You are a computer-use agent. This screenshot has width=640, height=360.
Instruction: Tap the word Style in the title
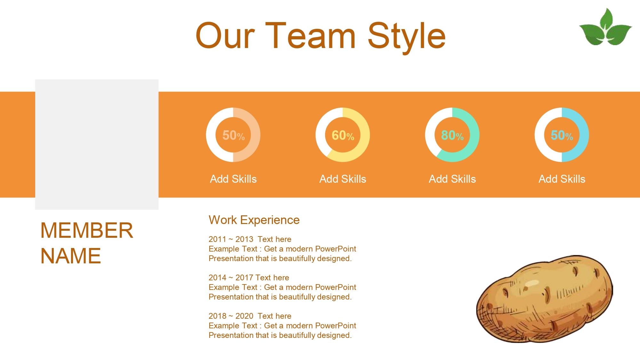(x=407, y=37)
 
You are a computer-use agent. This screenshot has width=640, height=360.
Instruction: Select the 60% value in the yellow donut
(x=343, y=135)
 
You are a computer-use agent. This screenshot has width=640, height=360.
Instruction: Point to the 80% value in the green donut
(x=452, y=135)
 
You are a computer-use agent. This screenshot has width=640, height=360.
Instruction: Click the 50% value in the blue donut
(x=562, y=135)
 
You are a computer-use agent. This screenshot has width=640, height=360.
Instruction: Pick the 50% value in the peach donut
(x=233, y=135)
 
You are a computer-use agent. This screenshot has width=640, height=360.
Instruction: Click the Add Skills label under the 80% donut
(x=452, y=179)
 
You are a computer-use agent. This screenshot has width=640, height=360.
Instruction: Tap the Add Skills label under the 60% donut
(x=343, y=179)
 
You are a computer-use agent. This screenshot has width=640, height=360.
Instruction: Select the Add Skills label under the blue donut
(x=562, y=179)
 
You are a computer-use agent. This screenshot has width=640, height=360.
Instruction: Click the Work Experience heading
(x=254, y=220)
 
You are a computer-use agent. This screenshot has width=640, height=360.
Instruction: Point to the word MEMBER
(x=87, y=230)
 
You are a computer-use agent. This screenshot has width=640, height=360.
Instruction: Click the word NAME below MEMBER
(x=71, y=256)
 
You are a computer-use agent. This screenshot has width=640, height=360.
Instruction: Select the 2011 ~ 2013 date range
(x=231, y=239)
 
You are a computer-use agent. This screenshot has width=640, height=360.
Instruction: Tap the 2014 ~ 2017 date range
(x=231, y=277)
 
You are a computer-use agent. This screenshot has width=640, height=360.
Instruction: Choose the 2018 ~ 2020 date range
(x=231, y=316)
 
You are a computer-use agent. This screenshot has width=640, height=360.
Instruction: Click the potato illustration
(x=545, y=299)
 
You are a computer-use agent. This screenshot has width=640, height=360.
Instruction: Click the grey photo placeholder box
(x=97, y=144)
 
